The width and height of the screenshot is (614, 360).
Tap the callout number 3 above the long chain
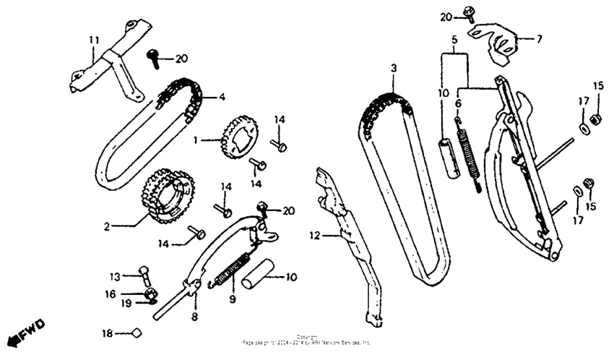(394, 68)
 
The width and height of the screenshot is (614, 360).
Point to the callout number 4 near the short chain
(222, 95)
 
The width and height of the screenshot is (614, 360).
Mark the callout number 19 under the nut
(126, 304)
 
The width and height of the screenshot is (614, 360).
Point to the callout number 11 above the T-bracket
(92, 39)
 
